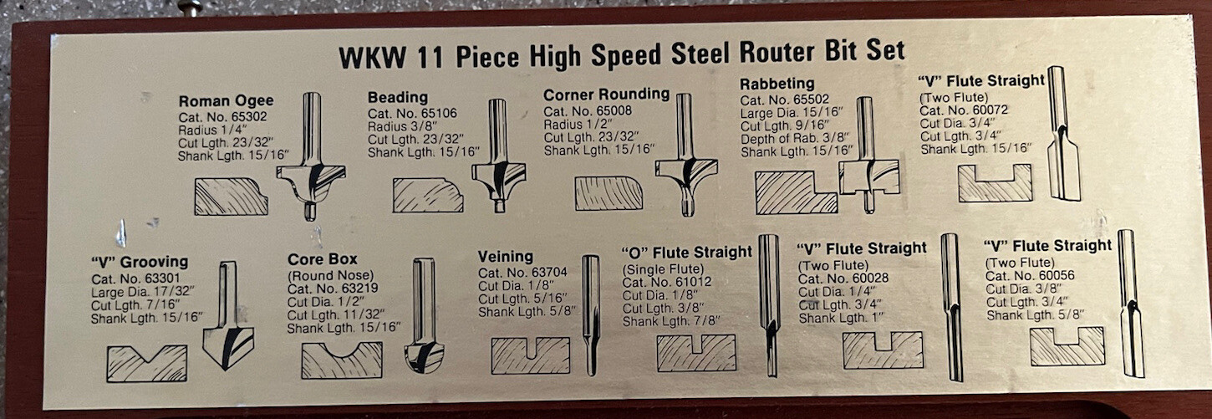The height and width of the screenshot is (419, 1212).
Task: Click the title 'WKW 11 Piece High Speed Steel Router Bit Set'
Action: click(x=621, y=54)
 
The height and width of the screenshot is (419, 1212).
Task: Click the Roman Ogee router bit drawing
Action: click(x=311, y=159)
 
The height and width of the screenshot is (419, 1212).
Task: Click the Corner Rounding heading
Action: click(x=606, y=95)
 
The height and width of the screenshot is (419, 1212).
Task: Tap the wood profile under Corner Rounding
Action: click(x=609, y=193)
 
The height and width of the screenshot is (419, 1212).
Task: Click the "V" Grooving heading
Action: click(x=140, y=262)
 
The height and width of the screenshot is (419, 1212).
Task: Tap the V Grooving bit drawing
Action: click(x=227, y=318)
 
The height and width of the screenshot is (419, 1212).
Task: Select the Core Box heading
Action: click(x=322, y=259)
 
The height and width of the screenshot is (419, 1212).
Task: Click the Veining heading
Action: click(x=505, y=256)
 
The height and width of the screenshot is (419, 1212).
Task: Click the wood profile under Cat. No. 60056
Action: click(x=1067, y=346)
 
